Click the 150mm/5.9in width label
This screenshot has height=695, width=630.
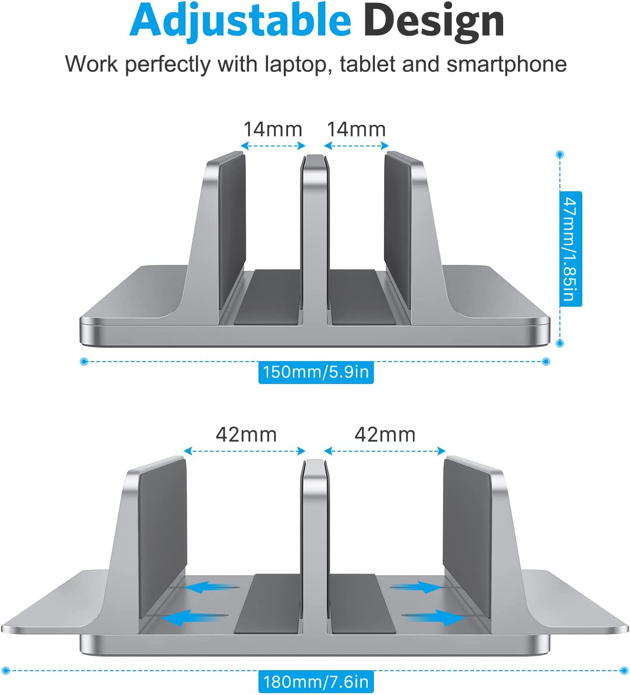[316, 372]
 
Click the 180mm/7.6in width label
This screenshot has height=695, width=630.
[316, 682]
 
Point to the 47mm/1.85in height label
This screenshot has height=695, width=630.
[570, 249]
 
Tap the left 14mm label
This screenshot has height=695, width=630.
[272, 129]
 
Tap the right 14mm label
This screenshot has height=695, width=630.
[356, 129]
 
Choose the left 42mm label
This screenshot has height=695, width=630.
[246, 435]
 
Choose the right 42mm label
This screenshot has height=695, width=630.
[385, 435]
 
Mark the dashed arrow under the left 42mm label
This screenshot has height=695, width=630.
[244, 451]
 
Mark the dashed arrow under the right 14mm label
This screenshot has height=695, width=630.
[356, 146]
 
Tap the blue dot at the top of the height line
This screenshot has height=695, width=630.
[560, 155]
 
